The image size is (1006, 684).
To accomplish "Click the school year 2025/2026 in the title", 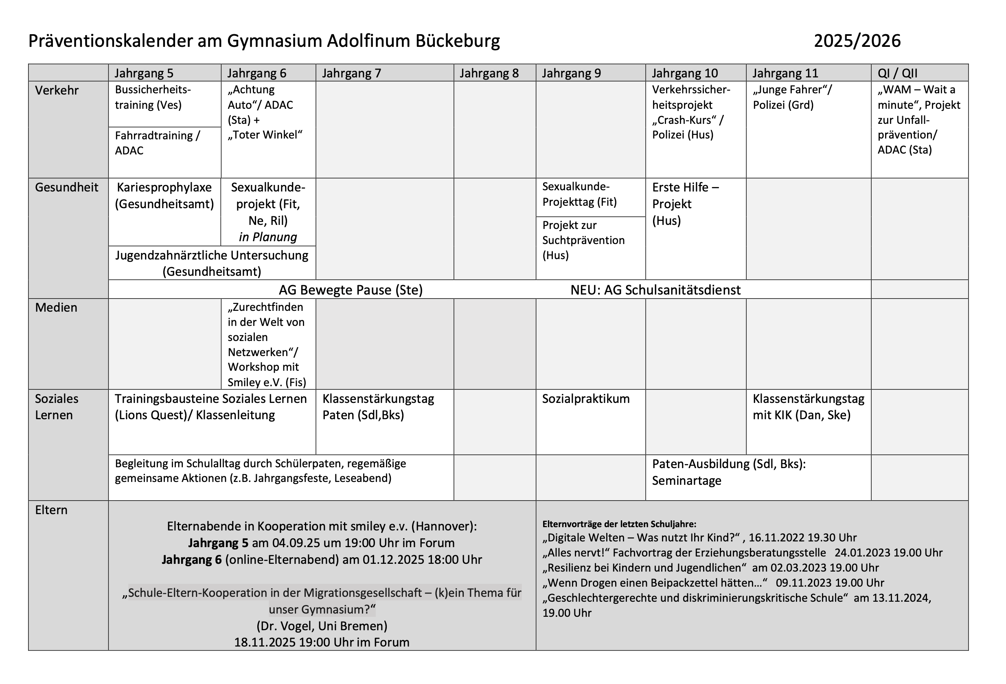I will [x=857, y=41].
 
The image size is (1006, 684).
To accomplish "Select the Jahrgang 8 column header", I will [x=489, y=73].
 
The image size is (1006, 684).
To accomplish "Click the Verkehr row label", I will [x=57, y=90].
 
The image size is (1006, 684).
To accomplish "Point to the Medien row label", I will [x=56, y=308].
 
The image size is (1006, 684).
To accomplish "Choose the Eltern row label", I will [x=51, y=510].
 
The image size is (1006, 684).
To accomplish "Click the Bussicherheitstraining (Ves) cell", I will [x=152, y=97].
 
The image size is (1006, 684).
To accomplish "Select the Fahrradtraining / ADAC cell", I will [x=157, y=143].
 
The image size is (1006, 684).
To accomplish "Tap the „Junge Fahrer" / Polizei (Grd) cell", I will [x=792, y=97].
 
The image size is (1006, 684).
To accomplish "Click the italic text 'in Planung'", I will [x=267, y=237].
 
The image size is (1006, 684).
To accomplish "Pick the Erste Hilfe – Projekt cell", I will [x=685, y=204].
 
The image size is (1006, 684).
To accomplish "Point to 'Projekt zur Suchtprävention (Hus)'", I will [x=583, y=240].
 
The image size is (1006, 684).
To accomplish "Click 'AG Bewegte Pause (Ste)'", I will [x=350, y=290].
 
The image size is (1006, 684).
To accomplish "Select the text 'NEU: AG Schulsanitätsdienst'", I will [x=655, y=290].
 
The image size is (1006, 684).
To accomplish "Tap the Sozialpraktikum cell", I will [x=585, y=399].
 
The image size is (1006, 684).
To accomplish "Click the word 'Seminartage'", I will [x=686, y=481].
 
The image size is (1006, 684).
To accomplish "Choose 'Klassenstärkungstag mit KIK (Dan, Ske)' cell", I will [x=808, y=407].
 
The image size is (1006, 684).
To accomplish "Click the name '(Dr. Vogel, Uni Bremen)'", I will [x=322, y=626].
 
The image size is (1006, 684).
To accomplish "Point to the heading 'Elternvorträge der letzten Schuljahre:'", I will [x=619, y=524].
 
